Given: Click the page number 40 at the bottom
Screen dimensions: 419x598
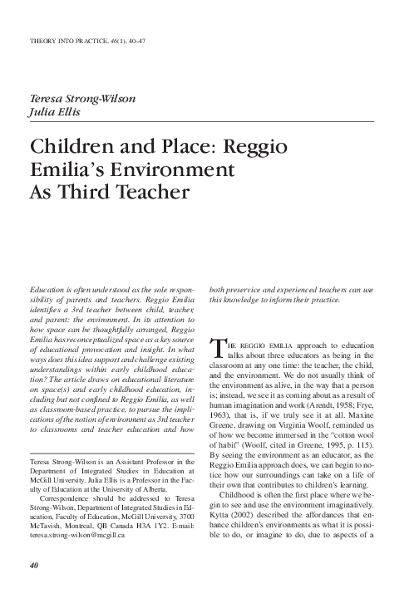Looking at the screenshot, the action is pyautogui.click(x=35, y=566).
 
